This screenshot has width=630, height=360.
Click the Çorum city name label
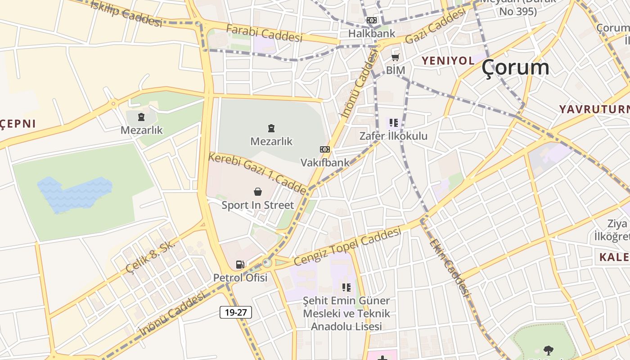tap(515, 68)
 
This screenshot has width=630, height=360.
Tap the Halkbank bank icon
tap(372, 20)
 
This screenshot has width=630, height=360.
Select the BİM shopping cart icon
tap(396, 57)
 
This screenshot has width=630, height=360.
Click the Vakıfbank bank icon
tap(324, 149)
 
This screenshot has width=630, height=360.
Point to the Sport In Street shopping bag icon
tap(258, 192)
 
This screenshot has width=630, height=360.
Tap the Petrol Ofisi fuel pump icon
tap(240, 265)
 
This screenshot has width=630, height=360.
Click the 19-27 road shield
tap(236, 312)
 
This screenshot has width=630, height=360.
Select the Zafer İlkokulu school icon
tap(394, 123)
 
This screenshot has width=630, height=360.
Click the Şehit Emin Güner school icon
tap(346, 287)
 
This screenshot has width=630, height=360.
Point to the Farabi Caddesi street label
tap(264, 33)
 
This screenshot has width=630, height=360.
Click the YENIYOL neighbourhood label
tap(448, 60)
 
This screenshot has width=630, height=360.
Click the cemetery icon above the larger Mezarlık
tap(271, 129)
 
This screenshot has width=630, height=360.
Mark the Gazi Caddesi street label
tap(435, 27)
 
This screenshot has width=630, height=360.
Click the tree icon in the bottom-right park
tap(548, 350)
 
